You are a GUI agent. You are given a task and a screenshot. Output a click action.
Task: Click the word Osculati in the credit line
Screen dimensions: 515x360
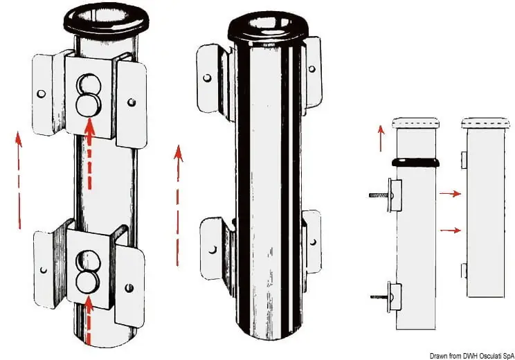coord(490,356)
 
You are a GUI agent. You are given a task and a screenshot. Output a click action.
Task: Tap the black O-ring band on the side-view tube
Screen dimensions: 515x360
coord(415,162)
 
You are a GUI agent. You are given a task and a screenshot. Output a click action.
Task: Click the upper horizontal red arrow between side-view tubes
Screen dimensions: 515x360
coord(450,194)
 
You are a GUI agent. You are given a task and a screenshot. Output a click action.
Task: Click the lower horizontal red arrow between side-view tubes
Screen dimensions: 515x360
coord(450,231)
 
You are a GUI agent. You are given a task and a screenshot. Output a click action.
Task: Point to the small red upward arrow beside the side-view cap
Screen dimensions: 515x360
coord(381,138)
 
